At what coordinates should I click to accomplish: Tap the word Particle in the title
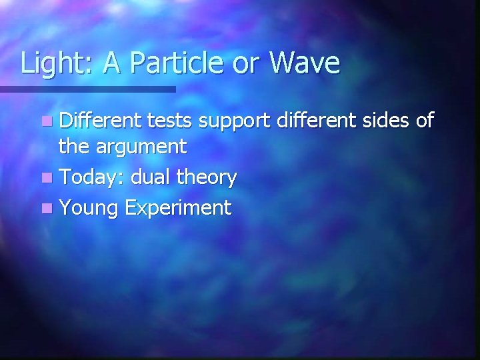point(166,63)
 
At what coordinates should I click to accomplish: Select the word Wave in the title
point(304,63)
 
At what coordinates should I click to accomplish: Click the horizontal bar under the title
point(87,89)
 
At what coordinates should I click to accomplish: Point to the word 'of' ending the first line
point(424,121)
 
